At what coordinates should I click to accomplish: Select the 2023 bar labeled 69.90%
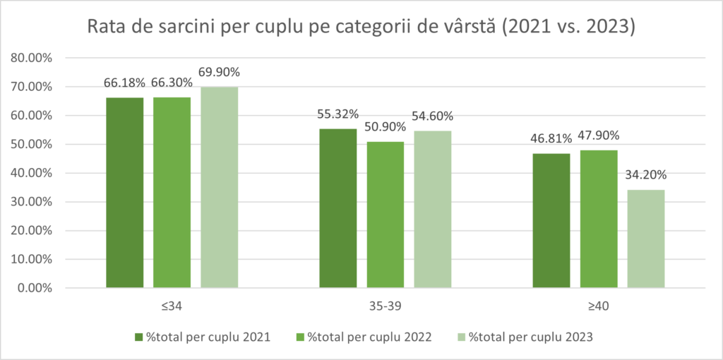pyautogui.click(x=219, y=187)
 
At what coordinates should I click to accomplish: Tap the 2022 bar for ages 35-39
pyautogui.click(x=386, y=215)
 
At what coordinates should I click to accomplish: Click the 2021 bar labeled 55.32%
pyautogui.click(x=338, y=208)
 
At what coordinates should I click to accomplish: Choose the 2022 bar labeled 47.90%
pyautogui.click(x=599, y=219)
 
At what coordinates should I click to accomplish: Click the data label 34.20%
pyautogui.click(x=646, y=176)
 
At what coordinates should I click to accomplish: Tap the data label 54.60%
pyautogui.click(x=433, y=116)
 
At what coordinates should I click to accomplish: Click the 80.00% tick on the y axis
pyautogui.click(x=33, y=58)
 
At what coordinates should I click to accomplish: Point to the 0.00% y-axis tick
pyautogui.click(x=36, y=288)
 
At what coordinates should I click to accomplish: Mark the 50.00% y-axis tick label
pyautogui.click(x=33, y=144)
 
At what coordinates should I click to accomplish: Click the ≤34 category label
pyautogui.click(x=172, y=306)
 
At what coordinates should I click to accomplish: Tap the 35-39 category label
pyautogui.click(x=386, y=306)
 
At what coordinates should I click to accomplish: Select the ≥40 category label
pyautogui.click(x=599, y=306)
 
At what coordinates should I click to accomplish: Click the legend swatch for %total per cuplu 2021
pyautogui.click(x=138, y=337)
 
